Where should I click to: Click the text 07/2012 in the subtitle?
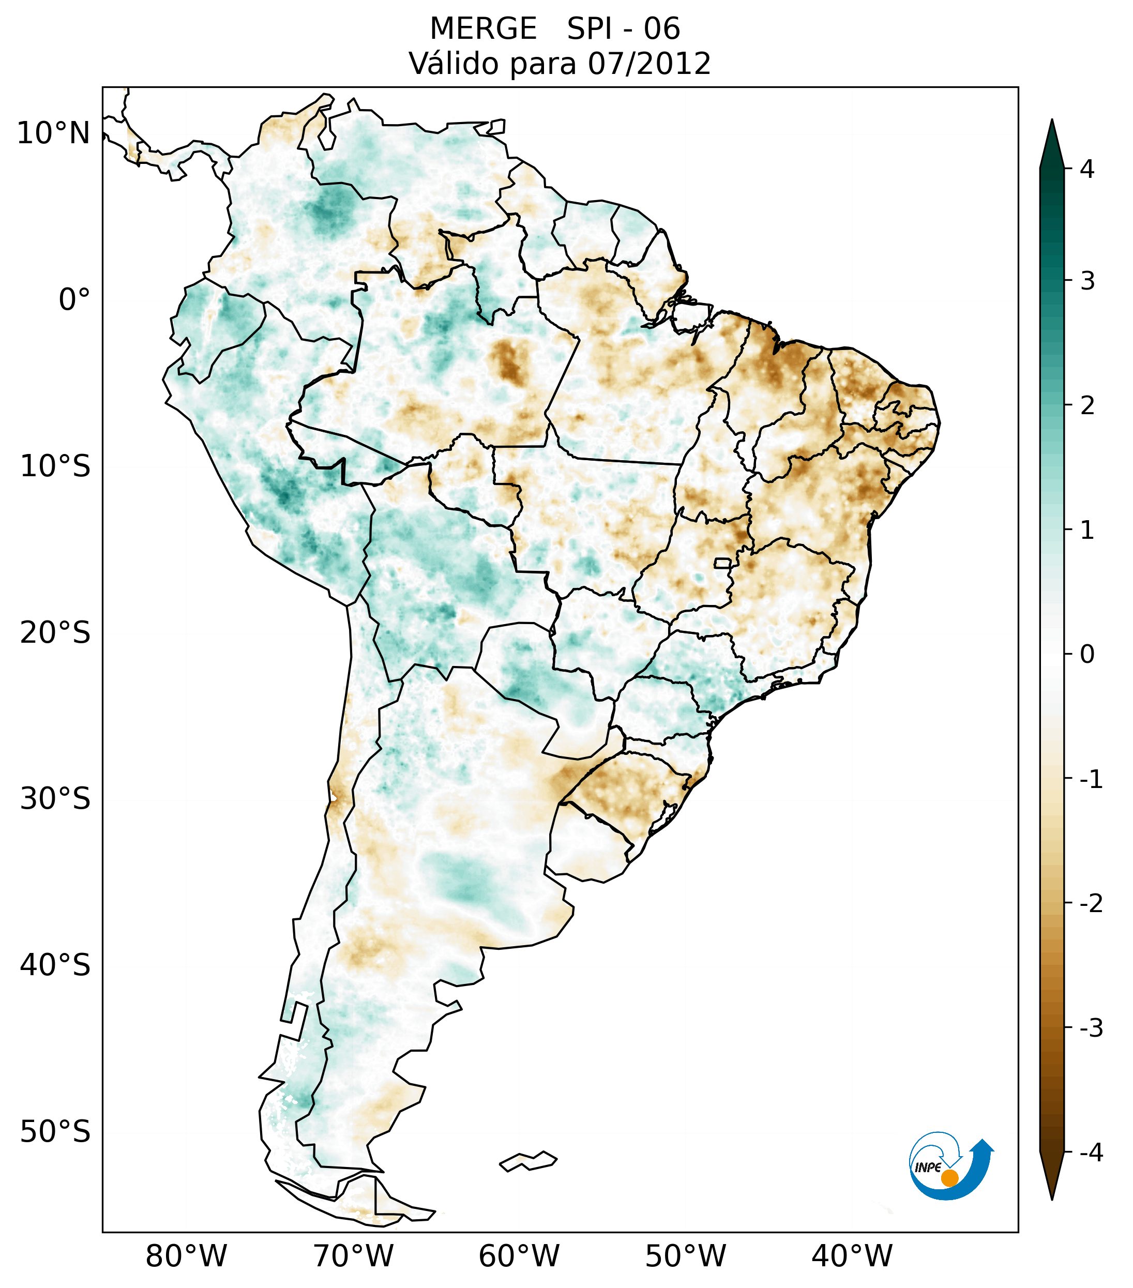(x=649, y=64)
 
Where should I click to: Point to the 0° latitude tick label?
(x=74, y=300)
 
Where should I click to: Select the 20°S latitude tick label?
(x=55, y=633)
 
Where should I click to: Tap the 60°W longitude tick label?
(x=519, y=1256)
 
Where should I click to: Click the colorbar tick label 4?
(x=1087, y=169)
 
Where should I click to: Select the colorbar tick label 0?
(x=1087, y=655)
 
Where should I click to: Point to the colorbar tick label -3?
(x=1091, y=1028)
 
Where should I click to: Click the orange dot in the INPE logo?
(x=949, y=1178)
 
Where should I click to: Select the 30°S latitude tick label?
(x=55, y=800)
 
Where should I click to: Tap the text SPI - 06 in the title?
(x=623, y=29)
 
